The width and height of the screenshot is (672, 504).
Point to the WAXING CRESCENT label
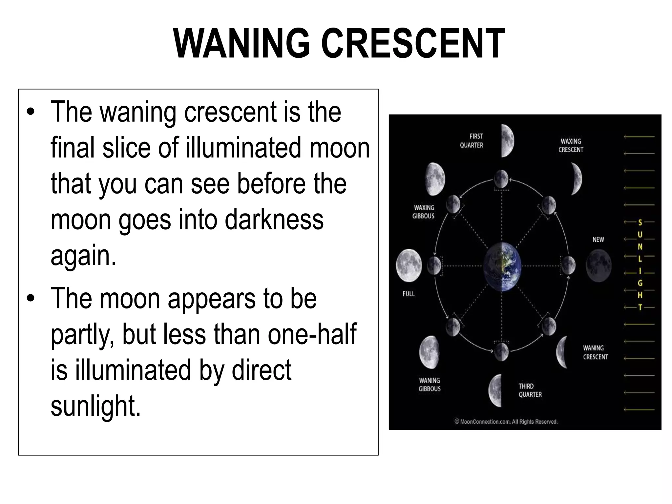pyautogui.click(x=571, y=145)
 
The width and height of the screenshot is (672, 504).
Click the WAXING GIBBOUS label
pyautogui.click(x=424, y=212)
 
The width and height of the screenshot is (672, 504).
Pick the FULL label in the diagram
pyautogui.click(x=409, y=294)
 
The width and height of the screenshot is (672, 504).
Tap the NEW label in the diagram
pyautogui.click(x=598, y=240)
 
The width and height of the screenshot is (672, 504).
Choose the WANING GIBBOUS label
pyautogui.click(x=430, y=385)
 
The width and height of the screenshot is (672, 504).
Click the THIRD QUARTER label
pyautogui.click(x=530, y=390)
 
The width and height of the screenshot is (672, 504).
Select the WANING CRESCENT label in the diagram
pyautogui.click(x=595, y=352)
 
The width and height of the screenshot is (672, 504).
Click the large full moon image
pyautogui.click(x=409, y=265)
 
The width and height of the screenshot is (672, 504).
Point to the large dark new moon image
pyautogui.click(x=598, y=265)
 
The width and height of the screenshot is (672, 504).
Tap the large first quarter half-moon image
pyautogui.click(x=507, y=141)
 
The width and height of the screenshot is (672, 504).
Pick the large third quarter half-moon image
pyautogui.click(x=495, y=390)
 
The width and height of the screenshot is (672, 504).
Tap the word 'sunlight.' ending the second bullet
pyautogui.click(x=96, y=406)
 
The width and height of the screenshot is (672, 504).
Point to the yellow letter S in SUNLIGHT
pyautogui.click(x=640, y=223)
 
